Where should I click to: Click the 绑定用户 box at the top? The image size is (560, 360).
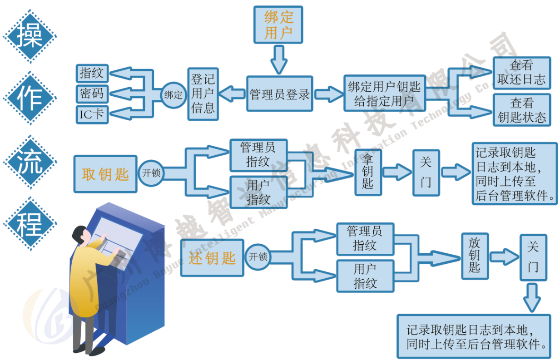pyautogui.click(x=278, y=25)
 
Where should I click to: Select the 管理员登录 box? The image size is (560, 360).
pyautogui.click(x=279, y=94)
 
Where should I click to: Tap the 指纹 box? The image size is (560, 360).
pyautogui.click(x=92, y=73)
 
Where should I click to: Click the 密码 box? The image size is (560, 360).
pyautogui.click(x=92, y=94)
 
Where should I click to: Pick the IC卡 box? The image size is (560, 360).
pyautogui.click(x=92, y=114)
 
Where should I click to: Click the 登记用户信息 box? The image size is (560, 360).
pyautogui.click(x=203, y=94)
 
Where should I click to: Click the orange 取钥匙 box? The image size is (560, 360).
pyautogui.click(x=105, y=174)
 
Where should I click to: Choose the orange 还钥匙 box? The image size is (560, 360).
pyautogui.click(x=212, y=258)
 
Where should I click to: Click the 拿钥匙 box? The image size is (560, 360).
pyautogui.click(x=368, y=172)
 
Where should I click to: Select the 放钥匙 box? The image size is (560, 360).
pyautogui.click(x=475, y=256)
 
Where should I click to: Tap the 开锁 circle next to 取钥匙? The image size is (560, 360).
pyautogui.click(x=151, y=173)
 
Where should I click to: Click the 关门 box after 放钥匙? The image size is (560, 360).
pyautogui.click(x=533, y=257)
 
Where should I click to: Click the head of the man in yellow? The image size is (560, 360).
pyautogui.click(x=81, y=234)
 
